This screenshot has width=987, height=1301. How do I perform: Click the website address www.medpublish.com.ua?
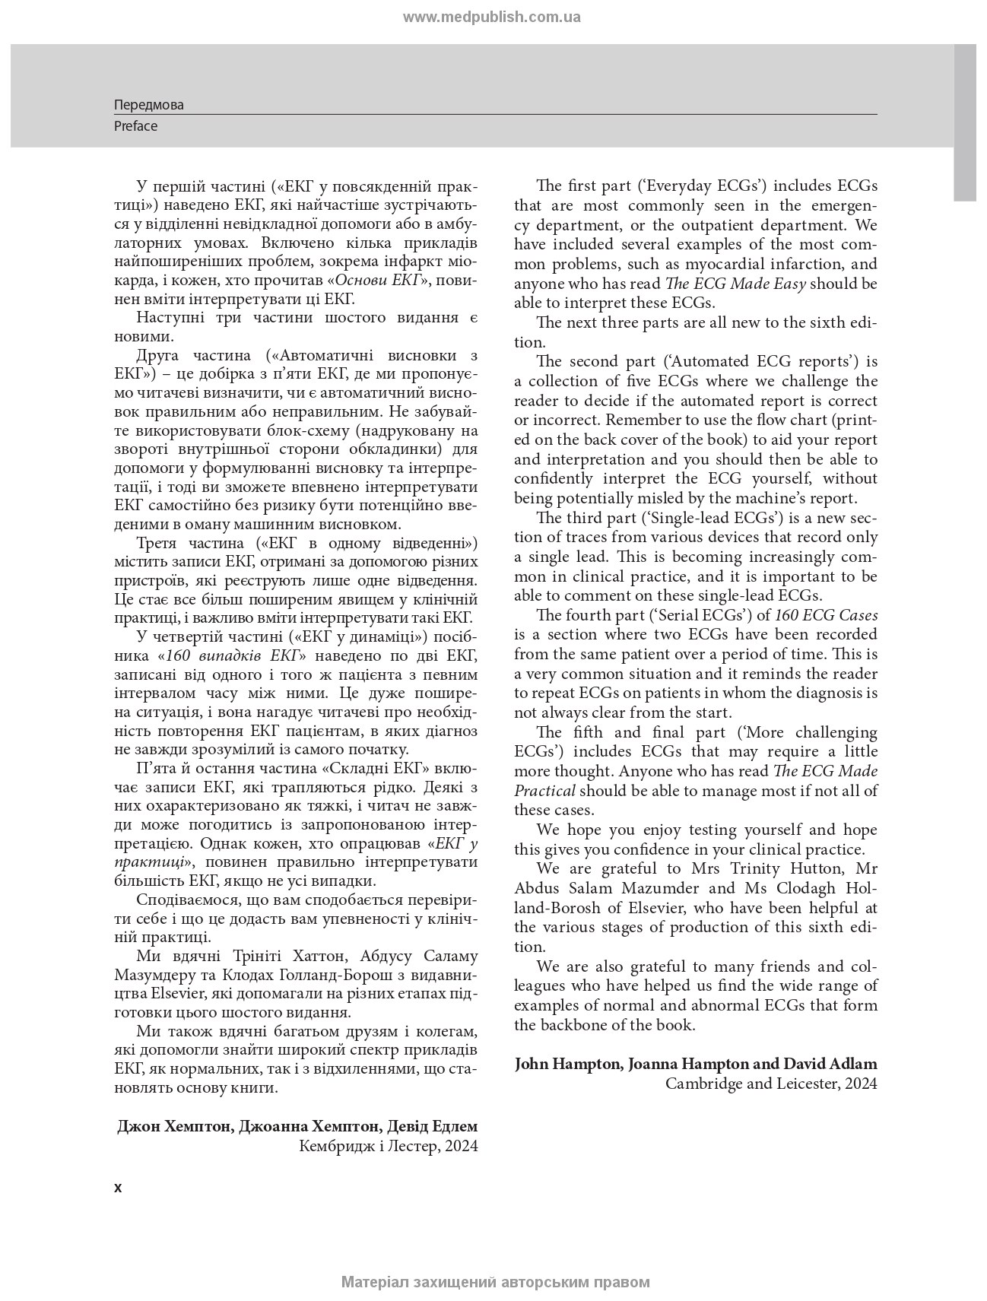[x=491, y=17]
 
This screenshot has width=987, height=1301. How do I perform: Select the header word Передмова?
[x=149, y=105]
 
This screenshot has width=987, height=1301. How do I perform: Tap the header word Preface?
[x=135, y=126]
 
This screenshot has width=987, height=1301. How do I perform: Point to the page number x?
[x=118, y=1188]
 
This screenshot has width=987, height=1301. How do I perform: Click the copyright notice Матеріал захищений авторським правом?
[x=495, y=1282]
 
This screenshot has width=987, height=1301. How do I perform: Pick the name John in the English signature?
[x=532, y=1064]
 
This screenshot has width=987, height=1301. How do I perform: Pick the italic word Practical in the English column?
[x=544, y=790]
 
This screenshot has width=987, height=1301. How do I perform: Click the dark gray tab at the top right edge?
[x=964, y=122]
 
